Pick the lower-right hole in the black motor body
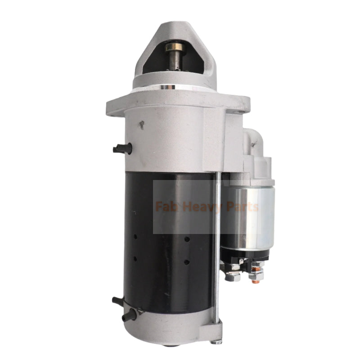click(x=186, y=261)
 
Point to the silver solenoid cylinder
click(x=247, y=216)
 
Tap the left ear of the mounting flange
click(x=115, y=107)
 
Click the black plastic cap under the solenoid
click(x=245, y=254)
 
